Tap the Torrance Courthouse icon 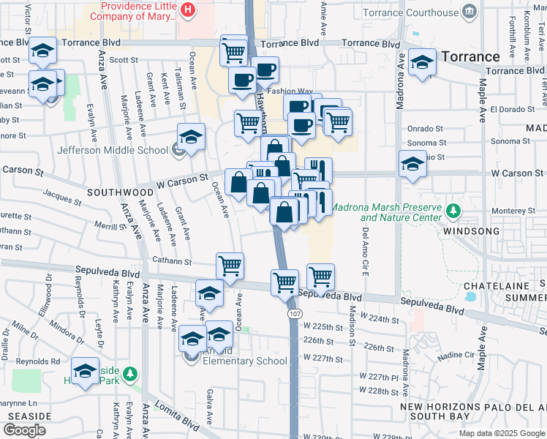click(x=469, y=11)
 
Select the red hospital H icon click(x=189, y=10)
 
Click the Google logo click(x=24, y=429)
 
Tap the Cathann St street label click(x=172, y=261)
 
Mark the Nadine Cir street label click(x=458, y=354)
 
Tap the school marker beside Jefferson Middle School click(x=191, y=137)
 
